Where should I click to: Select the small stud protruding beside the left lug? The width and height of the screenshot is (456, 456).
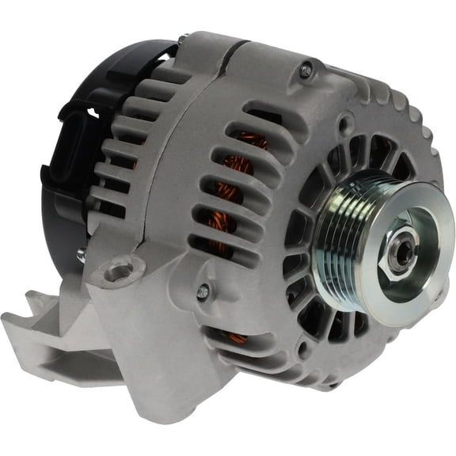(81, 255)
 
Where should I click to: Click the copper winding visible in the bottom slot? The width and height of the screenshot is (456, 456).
(237, 338)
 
